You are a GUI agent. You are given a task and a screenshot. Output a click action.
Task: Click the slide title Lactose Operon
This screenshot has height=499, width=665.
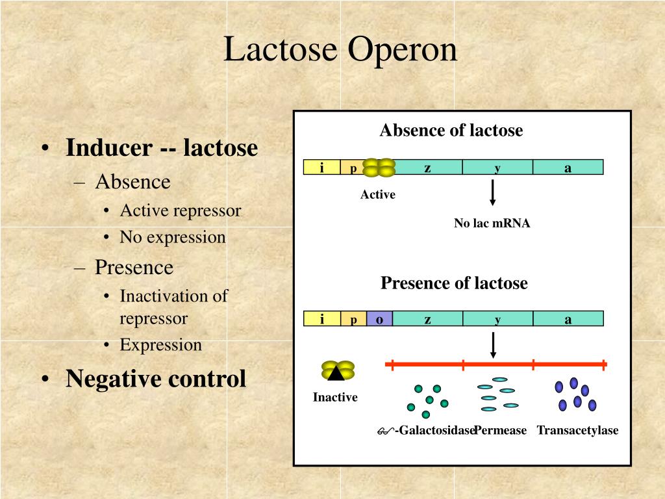340,49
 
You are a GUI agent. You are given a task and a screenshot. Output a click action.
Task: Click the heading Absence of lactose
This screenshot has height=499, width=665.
451,130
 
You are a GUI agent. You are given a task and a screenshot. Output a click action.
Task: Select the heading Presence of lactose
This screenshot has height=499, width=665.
454,283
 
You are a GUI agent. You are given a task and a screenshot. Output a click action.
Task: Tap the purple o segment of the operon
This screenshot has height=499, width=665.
379,318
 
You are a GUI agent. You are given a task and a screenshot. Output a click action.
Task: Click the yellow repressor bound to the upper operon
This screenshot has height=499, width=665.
379,167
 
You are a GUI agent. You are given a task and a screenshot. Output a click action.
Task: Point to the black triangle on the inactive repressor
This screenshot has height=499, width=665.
336,372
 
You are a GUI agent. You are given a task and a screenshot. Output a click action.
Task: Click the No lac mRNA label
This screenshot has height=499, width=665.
492,224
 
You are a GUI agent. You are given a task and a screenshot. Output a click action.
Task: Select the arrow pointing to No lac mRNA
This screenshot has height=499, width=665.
492,192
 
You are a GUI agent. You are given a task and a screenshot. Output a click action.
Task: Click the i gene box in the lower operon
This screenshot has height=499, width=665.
322,318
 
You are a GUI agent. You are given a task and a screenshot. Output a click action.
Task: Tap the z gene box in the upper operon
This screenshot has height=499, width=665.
428,167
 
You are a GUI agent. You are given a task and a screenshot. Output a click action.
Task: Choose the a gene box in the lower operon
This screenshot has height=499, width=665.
568,318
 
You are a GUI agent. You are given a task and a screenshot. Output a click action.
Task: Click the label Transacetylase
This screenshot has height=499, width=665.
577,430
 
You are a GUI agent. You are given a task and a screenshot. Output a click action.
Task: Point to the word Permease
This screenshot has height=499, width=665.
501,430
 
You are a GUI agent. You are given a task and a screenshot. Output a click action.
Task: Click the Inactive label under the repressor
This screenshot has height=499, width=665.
335,397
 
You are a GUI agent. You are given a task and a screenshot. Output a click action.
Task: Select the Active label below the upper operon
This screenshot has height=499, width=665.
378,194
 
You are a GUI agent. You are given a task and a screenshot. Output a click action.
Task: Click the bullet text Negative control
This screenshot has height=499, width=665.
156,379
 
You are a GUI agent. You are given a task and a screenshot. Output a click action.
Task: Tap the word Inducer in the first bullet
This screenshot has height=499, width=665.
109,147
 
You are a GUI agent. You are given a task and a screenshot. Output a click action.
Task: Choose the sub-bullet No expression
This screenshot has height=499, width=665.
173,237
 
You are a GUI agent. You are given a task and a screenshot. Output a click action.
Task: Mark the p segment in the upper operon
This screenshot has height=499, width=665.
353,167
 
